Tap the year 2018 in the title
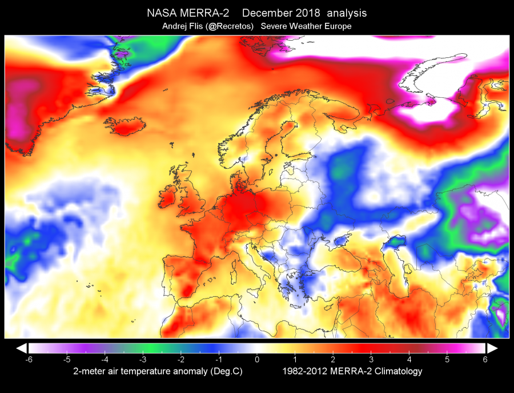307,13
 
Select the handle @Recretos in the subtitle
229,26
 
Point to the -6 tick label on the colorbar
29,359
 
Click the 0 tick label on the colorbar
257,359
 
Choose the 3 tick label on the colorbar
371,359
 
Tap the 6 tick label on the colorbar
485,359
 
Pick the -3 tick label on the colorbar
143,359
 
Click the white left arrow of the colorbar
22,348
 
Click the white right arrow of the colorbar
492,348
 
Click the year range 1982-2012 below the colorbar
305,371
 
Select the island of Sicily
256,292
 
